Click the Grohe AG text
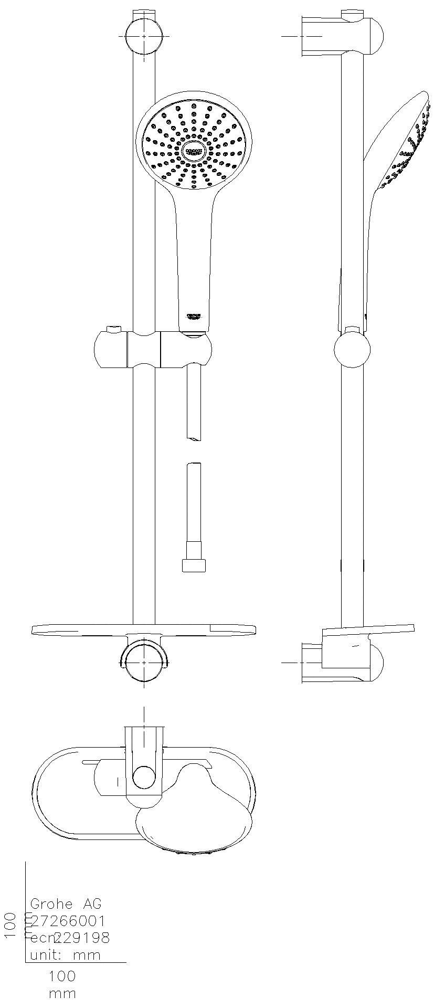click(66, 904)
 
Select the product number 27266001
click(68, 920)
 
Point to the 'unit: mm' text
click(65, 954)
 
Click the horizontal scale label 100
click(62, 976)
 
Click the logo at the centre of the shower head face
click(194, 151)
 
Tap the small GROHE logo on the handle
click(194, 316)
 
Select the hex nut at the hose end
click(194, 565)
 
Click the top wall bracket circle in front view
click(144, 36)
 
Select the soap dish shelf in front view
click(143, 629)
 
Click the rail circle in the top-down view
click(144, 777)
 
